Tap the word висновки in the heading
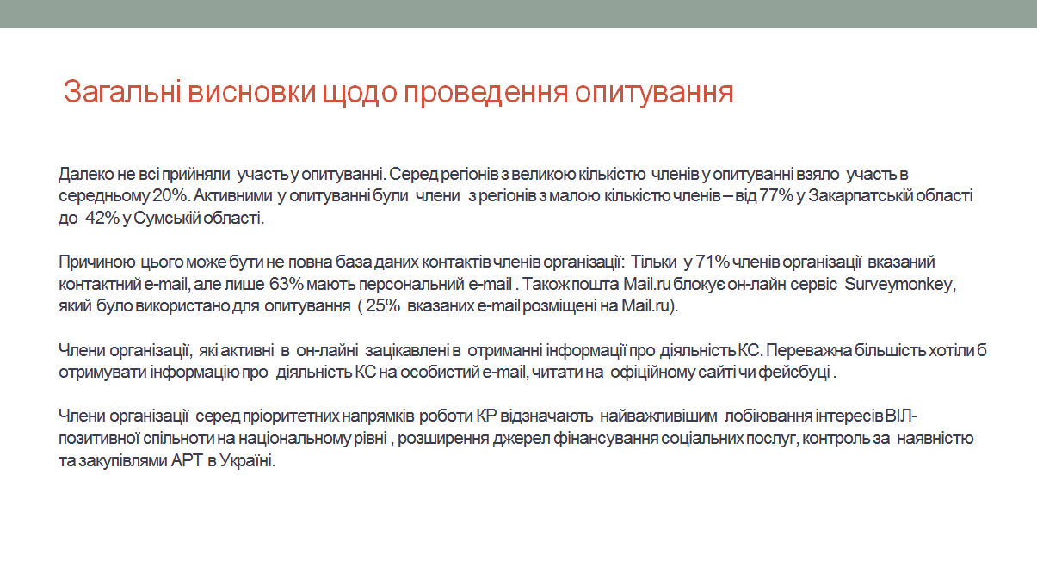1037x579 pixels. click(252, 92)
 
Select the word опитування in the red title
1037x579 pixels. click(654, 93)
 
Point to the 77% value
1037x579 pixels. click(776, 196)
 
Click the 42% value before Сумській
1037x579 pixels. click(102, 218)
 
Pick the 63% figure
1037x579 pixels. click(286, 284)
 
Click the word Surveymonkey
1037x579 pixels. click(900, 284)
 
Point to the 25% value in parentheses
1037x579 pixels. click(383, 306)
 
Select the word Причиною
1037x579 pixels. click(97, 262)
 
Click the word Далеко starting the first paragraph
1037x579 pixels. click(86, 175)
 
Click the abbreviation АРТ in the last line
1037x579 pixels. click(187, 460)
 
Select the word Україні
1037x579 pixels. click(247, 460)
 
